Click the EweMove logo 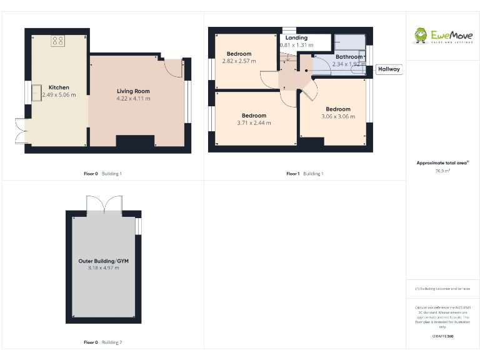coord(442,36)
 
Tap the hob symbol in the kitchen coord(58,41)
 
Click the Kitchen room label coord(59,87)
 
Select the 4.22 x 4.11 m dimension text coord(133,99)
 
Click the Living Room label coord(133,91)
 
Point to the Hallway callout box coord(389,69)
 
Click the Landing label coord(296,38)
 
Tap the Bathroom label coord(349,57)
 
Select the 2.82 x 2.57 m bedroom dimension coord(239,61)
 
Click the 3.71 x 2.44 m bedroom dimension coord(254,123)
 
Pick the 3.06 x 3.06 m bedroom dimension coord(338,116)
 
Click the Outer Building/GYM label coord(103,261)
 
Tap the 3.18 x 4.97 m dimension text coord(103,268)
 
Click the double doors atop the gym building coord(104,204)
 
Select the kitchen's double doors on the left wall coord(20,130)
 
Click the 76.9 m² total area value coord(442,170)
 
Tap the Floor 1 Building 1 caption coord(304,174)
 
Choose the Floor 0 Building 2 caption coord(102,342)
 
